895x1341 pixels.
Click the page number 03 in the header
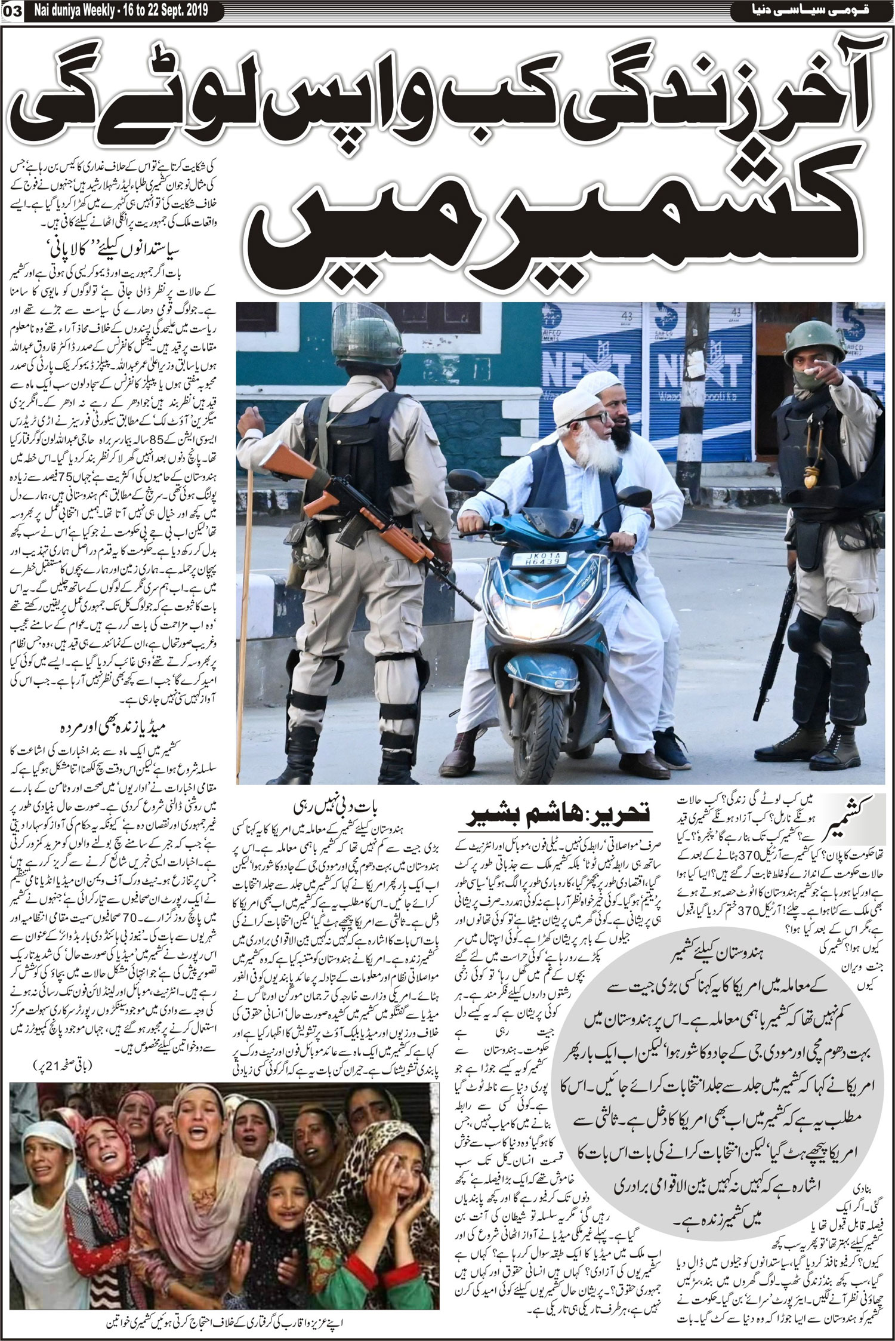[13, 10]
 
